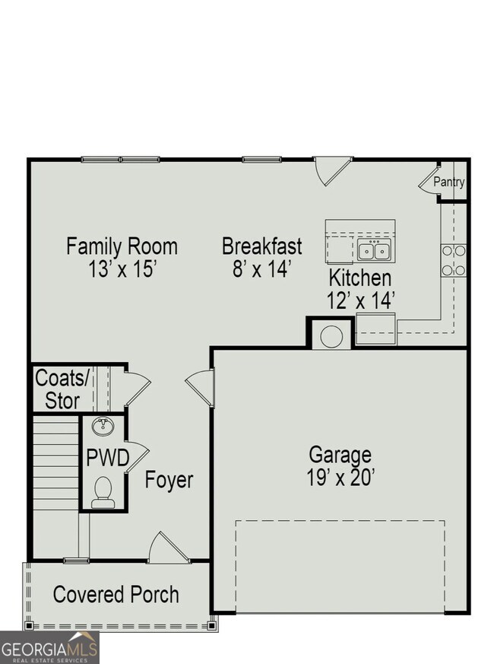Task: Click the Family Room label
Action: coord(122,246)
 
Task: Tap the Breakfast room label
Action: coord(261,246)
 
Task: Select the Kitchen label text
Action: coord(360,278)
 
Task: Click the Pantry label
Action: coord(448,183)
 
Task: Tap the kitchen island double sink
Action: coord(374,250)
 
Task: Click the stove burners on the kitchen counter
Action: coord(454,260)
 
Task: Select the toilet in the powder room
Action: coord(102,491)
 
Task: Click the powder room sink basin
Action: coord(102,426)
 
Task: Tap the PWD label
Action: coord(106,459)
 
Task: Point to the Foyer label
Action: coord(169,481)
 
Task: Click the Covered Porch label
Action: coord(116,594)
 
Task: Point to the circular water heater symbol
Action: coord(331,336)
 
